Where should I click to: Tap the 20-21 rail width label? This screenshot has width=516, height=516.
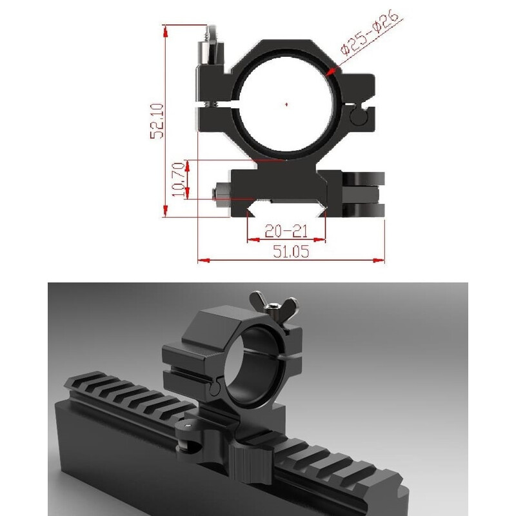click(286, 230)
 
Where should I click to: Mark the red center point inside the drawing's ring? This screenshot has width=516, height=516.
click(286, 103)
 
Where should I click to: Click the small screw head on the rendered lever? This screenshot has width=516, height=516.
click(187, 426)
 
